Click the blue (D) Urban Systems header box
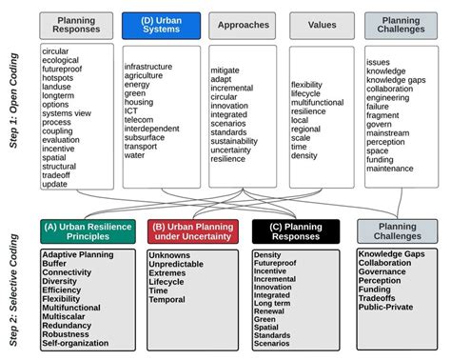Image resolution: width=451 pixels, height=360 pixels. pos(161,25)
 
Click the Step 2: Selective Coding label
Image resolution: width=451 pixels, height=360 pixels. pos(14,286)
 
